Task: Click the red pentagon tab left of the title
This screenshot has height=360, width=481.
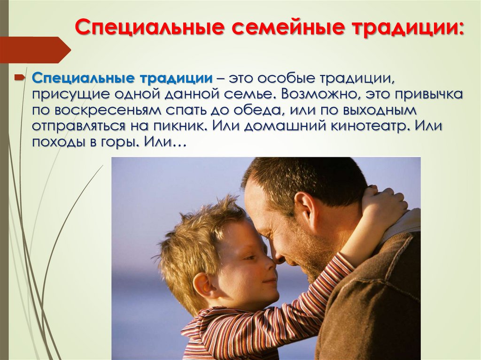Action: [x=33, y=50]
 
